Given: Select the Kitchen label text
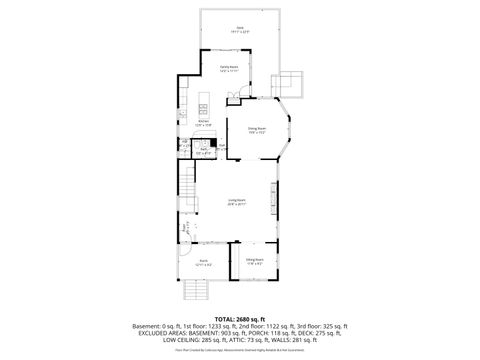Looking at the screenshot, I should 204,123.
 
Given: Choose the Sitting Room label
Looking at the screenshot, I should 254,260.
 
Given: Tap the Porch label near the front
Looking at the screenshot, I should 203,262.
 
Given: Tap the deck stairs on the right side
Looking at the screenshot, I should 291,81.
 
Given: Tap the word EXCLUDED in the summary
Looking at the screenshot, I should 153,334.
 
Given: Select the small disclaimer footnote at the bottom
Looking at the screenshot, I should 240,351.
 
